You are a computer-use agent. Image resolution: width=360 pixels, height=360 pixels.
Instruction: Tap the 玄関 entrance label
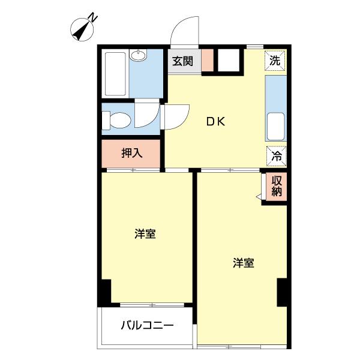coord(184,61)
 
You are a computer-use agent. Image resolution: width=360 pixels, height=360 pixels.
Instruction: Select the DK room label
coord(216,122)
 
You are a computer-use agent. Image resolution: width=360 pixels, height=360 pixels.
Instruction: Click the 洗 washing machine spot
coord(274,60)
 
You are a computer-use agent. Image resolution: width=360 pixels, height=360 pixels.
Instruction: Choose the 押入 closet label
coord(131,153)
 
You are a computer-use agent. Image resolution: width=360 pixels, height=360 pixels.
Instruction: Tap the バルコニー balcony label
coord(147,326)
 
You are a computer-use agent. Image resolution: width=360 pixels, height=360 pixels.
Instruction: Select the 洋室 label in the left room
coord(145,234)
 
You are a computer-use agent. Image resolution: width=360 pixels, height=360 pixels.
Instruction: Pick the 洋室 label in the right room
coord(244,262)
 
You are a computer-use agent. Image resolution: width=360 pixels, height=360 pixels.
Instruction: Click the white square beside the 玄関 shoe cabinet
coord(228,61)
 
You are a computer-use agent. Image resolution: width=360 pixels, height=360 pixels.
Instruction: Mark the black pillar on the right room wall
coord(282,292)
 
